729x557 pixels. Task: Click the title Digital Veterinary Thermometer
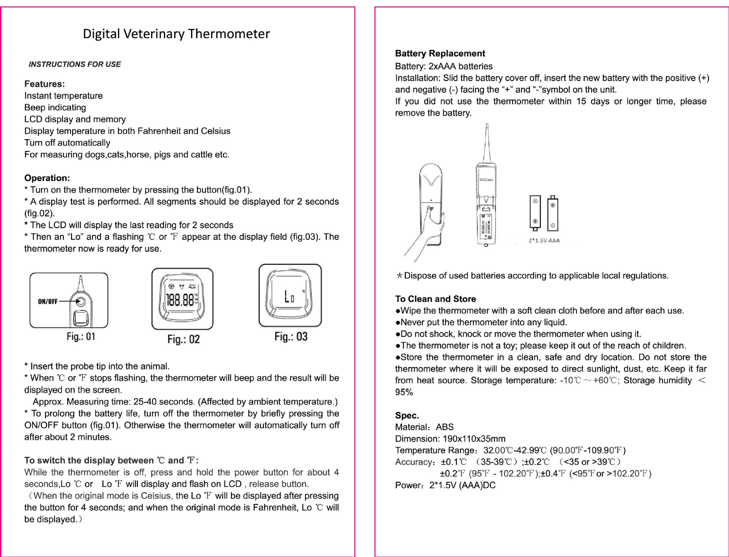coord(176,34)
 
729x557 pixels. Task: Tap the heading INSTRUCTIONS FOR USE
coord(75,65)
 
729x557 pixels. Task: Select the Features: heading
coord(44,84)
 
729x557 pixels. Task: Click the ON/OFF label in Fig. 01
coord(47,302)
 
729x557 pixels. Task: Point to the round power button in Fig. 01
coord(80,302)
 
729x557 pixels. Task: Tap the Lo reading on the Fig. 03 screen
coord(289,297)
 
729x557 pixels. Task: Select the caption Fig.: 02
coord(183,339)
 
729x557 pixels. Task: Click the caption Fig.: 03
coord(291,337)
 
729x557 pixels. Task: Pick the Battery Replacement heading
coord(440,53)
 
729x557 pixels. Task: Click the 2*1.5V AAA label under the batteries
coord(544,241)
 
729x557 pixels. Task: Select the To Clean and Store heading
coord(435,299)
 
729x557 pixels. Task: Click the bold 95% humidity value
coord(404,392)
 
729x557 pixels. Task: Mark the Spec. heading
coord(407,415)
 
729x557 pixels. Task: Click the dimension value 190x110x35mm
coord(474,439)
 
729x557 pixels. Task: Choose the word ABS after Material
coord(445,427)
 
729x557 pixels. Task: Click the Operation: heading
coord(47,178)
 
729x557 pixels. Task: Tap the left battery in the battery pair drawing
coord(535,212)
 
